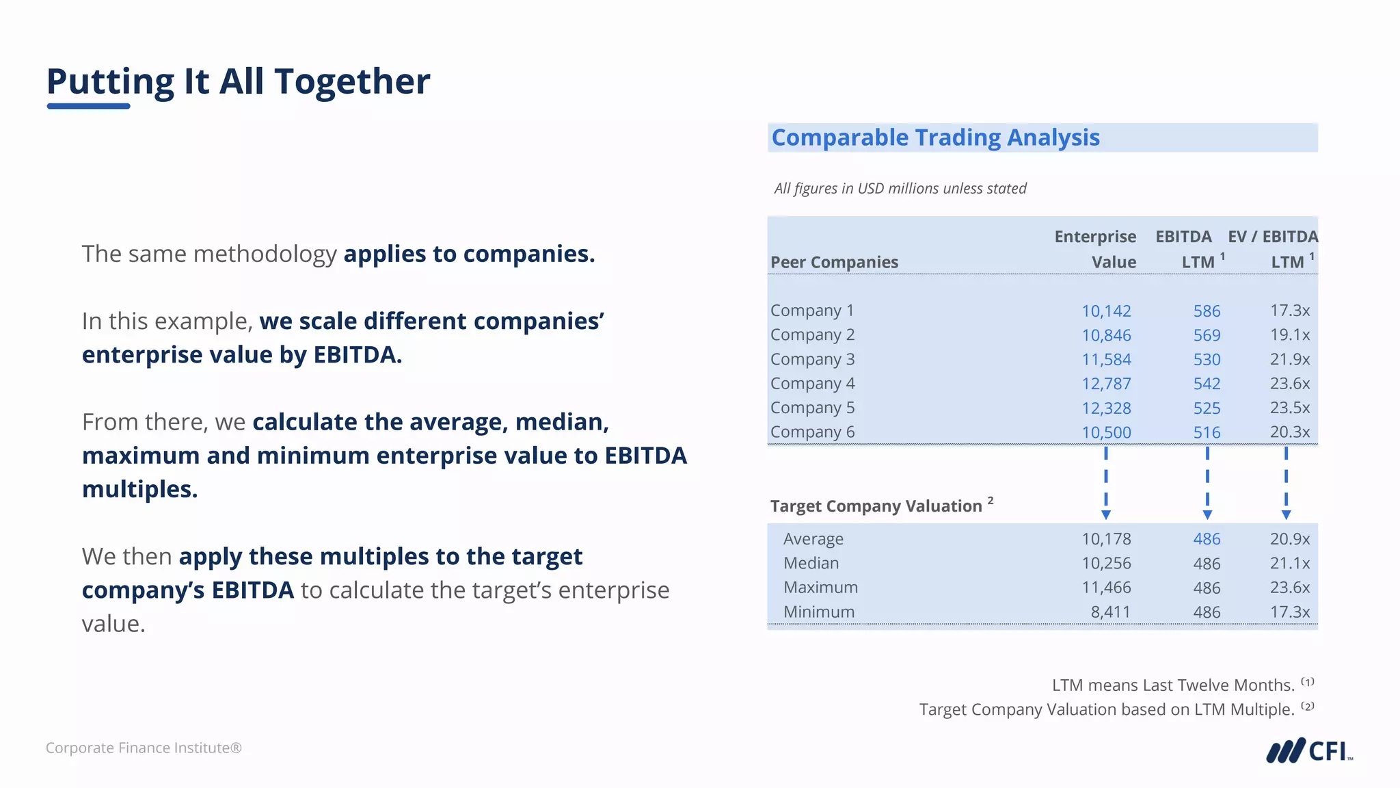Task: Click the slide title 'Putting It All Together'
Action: click(238, 81)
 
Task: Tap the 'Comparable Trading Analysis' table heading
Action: click(935, 137)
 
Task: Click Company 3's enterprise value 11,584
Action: click(1105, 360)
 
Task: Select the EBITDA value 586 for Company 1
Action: click(1207, 311)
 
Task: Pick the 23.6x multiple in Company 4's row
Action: click(1289, 384)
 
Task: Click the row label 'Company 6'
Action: click(812, 432)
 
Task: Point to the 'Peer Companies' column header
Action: click(834, 262)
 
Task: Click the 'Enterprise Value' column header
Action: click(1095, 249)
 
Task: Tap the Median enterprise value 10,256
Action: click(1105, 564)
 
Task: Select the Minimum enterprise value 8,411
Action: click(1110, 612)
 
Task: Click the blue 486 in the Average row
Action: click(1207, 539)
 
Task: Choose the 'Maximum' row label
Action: click(820, 588)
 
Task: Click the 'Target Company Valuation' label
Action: click(876, 506)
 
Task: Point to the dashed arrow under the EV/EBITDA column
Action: click(1286, 483)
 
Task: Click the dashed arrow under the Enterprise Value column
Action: click(1105, 483)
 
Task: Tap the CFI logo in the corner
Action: click(1308, 750)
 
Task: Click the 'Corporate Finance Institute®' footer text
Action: click(144, 748)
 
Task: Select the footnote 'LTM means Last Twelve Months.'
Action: click(1173, 685)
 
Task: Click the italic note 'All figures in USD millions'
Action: click(900, 189)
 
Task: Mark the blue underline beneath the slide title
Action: click(88, 106)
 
